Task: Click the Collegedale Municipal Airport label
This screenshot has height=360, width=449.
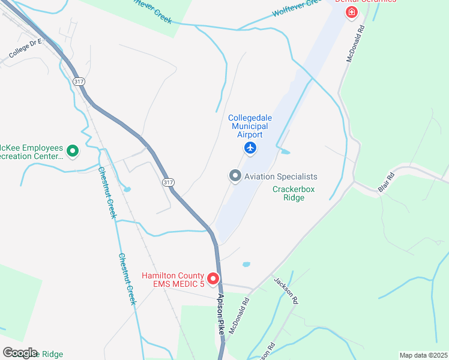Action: (x=249, y=126)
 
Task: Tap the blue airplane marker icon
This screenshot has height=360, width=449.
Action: (x=250, y=148)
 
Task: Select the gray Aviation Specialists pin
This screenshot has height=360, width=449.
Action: (x=235, y=176)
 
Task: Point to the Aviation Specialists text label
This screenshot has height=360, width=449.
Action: (x=280, y=176)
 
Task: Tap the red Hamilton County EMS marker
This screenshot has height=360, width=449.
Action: (x=213, y=280)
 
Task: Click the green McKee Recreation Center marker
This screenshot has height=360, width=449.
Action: (x=72, y=151)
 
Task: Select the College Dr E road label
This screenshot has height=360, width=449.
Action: (x=25, y=49)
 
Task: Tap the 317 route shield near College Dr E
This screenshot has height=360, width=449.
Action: (x=77, y=80)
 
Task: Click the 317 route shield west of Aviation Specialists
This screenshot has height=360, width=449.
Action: (x=168, y=182)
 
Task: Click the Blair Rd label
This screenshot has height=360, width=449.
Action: (x=386, y=183)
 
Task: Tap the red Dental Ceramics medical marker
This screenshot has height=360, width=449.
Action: (x=351, y=12)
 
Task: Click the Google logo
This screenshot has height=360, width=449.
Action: (x=20, y=353)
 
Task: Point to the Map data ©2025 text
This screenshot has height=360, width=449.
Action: (x=423, y=355)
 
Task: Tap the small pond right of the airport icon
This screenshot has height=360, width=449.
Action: (x=285, y=152)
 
